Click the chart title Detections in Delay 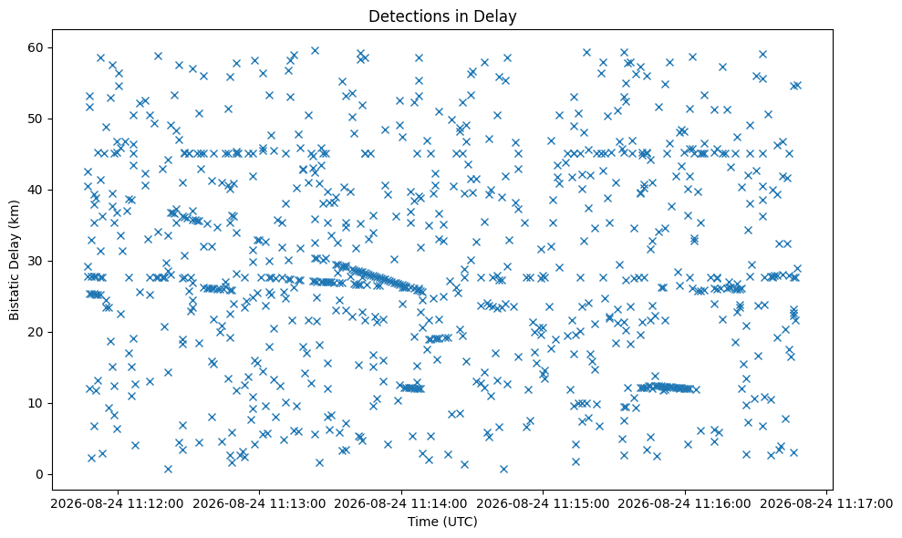pos(442,16)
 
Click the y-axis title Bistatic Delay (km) pos(14,260)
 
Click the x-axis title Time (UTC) pos(442,522)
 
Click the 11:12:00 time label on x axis pos(155,504)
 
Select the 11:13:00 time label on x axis pos(297,504)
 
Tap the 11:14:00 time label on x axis pos(439,504)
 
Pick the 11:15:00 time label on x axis pos(582,504)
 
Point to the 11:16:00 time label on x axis pos(722,504)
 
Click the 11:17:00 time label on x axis pos(865,504)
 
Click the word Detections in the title pos(404,16)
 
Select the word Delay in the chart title pos(498,16)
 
